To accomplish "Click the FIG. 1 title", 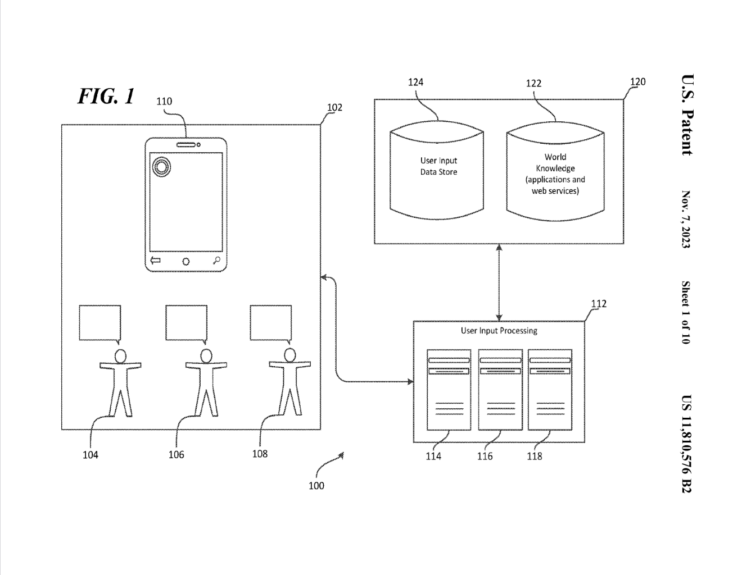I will tap(106, 96).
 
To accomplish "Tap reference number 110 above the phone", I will tap(164, 102).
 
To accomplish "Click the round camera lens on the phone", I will tap(161, 166).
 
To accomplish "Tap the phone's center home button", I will tap(185, 261).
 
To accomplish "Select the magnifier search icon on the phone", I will tap(216, 260).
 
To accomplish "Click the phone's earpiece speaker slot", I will tap(186, 144).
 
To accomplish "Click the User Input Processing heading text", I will tap(499, 331).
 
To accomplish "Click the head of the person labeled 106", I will tap(206, 355).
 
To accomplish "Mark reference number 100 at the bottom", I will tap(316, 486).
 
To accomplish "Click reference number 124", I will tap(415, 82).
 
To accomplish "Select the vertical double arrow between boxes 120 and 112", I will tap(499, 282).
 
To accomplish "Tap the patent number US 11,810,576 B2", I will tap(686, 444).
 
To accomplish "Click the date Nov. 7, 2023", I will tap(686, 219).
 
